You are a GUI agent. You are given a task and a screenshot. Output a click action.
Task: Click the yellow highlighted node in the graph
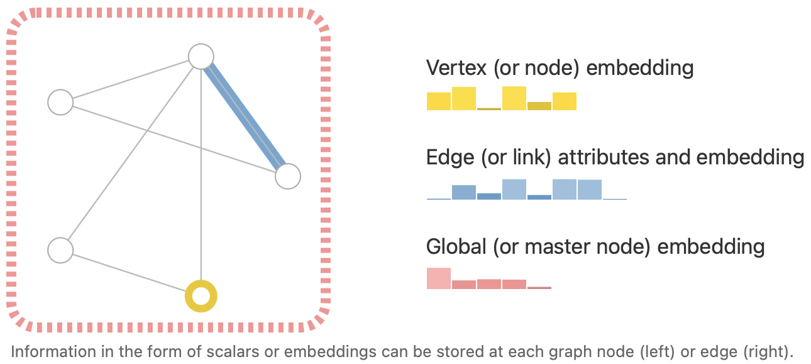201,295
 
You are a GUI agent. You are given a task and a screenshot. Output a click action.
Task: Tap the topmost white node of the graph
201,56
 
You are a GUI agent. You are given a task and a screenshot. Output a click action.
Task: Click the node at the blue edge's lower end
288,177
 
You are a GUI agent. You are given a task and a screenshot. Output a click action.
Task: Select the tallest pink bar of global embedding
439,278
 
